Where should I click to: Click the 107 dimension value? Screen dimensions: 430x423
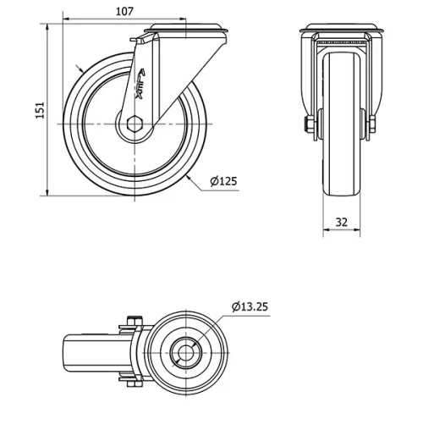pos(124,12)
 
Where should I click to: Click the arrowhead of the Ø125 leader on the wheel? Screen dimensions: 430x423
pos(190,178)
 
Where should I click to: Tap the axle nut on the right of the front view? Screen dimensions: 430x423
pos(372,126)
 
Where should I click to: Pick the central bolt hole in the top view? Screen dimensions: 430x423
pos(186,353)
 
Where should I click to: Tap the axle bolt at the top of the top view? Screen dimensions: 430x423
pos(132,320)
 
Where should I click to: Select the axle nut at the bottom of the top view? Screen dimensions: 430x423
pos(132,386)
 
